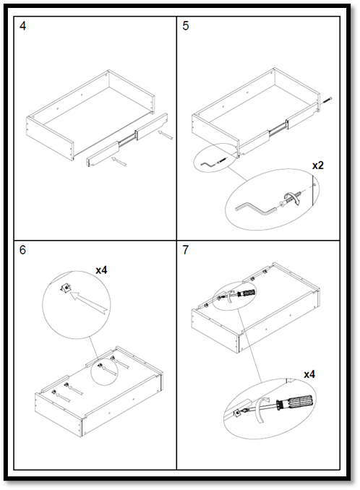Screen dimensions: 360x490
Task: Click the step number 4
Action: pos(22,26)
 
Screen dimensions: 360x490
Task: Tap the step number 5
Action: pos(186,26)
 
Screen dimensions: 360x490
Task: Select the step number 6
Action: pos(22,250)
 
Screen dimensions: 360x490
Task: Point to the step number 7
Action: pos(186,250)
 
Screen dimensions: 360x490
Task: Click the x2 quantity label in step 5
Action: pos(318,166)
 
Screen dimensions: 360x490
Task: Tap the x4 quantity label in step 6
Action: pos(101,270)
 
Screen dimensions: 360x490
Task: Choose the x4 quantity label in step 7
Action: pos(309,374)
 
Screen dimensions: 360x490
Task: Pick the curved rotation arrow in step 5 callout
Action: pos(292,199)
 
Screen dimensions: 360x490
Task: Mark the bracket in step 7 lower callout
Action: pos(238,413)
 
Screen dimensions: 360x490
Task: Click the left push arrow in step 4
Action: pos(119,162)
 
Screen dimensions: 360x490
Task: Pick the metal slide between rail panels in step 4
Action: pos(127,139)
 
